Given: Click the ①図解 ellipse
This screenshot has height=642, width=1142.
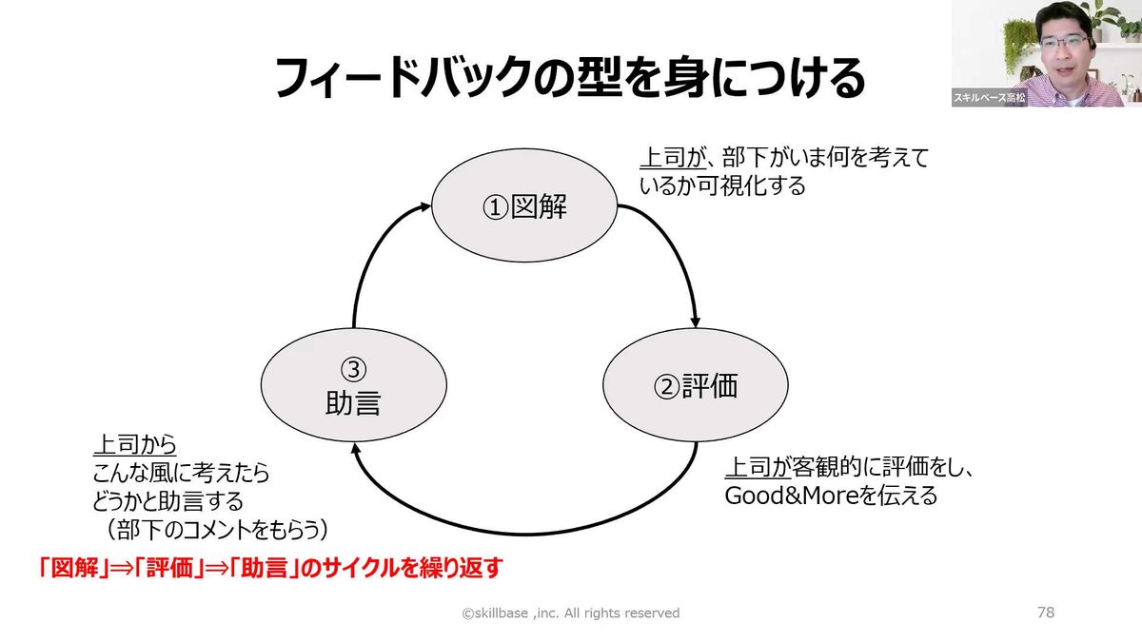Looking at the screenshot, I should pyautogui.click(x=524, y=206).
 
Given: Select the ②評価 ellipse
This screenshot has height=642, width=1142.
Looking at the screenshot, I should pyautogui.click(x=696, y=386).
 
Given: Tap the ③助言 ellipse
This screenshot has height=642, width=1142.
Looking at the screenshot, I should pyautogui.click(x=353, y=386).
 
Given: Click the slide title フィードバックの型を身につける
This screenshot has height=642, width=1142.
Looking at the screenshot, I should pyautogui.click(x=570, y=79).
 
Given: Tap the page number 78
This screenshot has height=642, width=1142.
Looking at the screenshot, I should pyautogui.click(x=1045, y=613).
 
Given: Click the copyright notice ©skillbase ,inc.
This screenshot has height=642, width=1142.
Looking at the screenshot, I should pyautogui.click(x=571, y=613).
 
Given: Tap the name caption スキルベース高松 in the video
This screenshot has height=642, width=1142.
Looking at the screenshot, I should pyautogui.click(x=990, y=98).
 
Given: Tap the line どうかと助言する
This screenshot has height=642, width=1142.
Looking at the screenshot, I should pyautogui.click(x=167, y=500).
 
